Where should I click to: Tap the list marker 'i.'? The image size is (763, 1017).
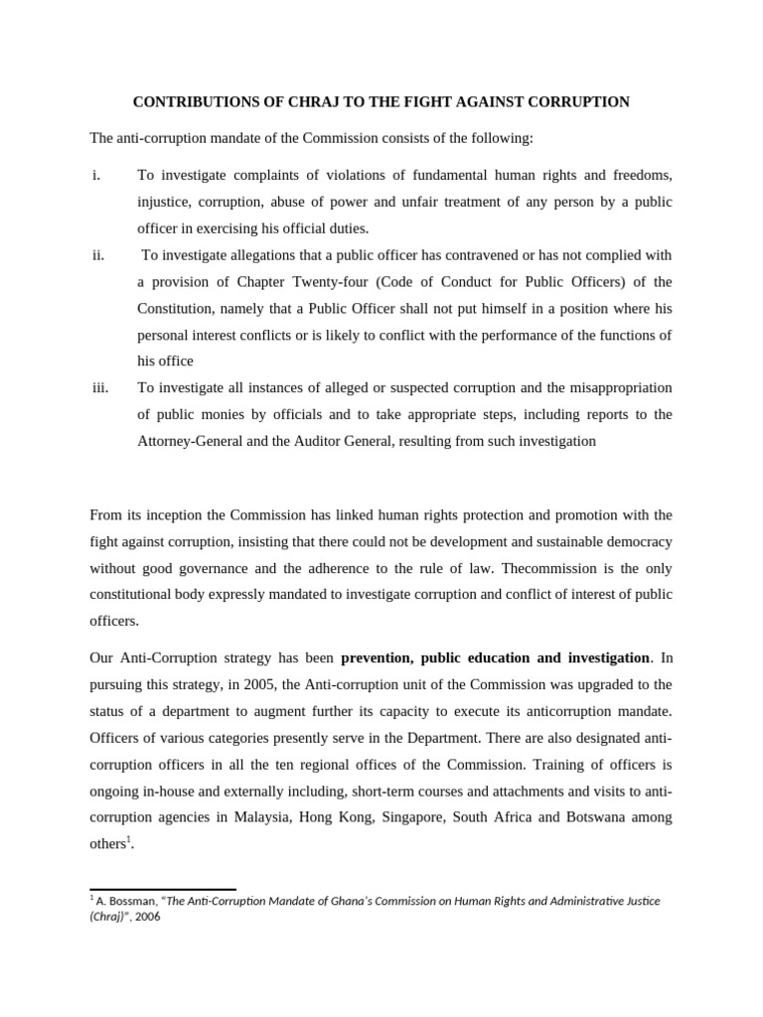tap(96, 176)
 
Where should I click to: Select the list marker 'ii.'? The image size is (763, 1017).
tap(98, 255)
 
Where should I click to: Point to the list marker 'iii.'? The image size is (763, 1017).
tap(100, 387)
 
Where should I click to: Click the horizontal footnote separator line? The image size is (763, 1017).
tap(162, 890)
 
